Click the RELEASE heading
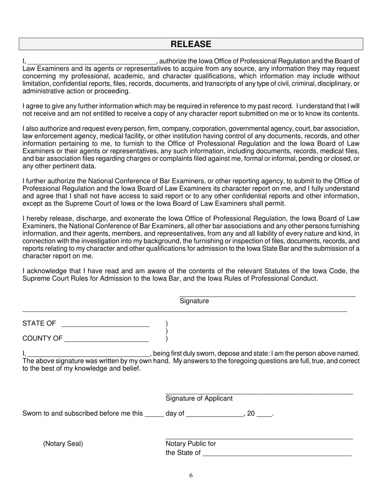pos(191,44)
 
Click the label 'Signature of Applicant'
pos(199,398)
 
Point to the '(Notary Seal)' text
pos(63,444)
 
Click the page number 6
pos(191,476)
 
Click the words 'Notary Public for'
pos(191,444)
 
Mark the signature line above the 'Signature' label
pos(267,297)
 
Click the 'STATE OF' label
pos(39,324)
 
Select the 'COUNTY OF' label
pos(42,338)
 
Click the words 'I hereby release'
pos(46,219)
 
